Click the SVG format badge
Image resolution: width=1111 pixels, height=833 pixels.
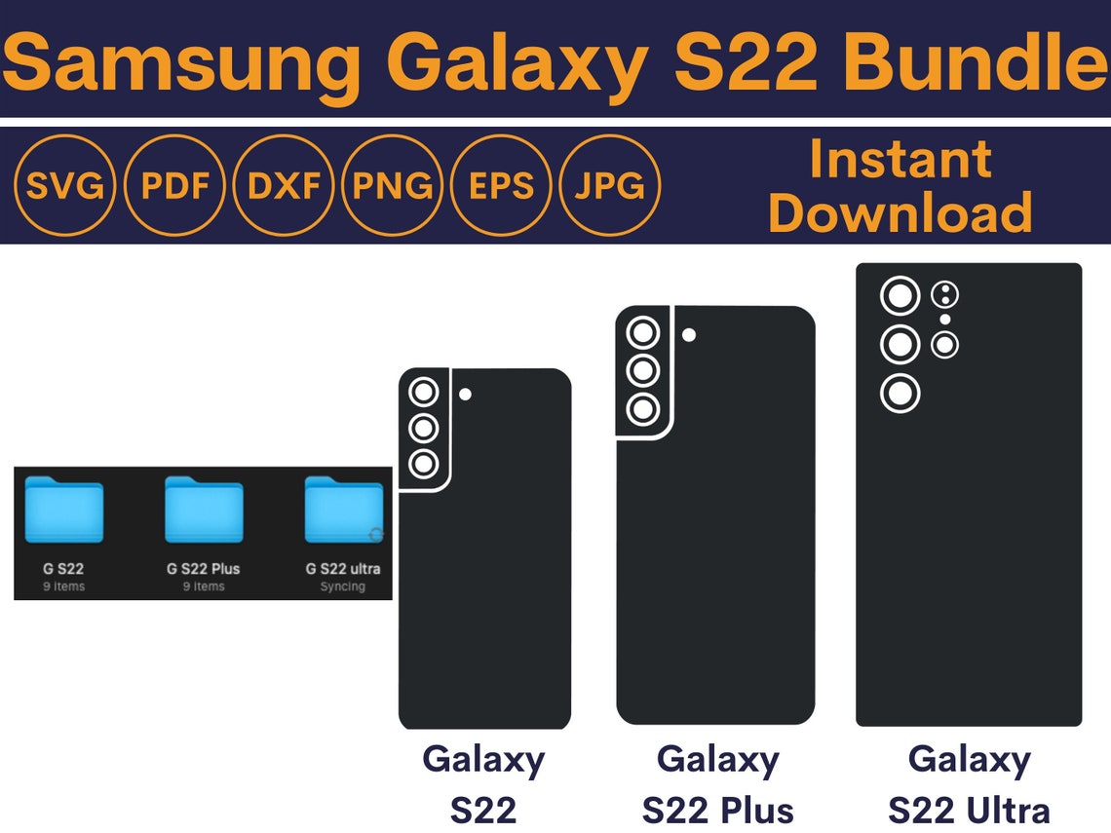tap(65, 185)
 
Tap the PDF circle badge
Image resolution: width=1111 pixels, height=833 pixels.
tap(175, 185)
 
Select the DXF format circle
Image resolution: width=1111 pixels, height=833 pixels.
tap(285, 185)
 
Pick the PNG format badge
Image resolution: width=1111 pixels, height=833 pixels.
tap(394, 185)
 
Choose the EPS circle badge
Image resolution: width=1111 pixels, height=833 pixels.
tap(502, 185)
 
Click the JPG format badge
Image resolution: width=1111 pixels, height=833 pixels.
tap(610, 185)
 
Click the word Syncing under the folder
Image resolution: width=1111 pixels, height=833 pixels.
tap(343, 587)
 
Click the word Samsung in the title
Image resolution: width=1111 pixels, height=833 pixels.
tap(180, 60)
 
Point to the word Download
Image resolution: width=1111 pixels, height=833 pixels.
tap(900, 211)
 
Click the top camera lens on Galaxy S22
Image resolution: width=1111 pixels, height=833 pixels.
tap(423, 393)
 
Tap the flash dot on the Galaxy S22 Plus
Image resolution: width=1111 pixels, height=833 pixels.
tap(689, 335)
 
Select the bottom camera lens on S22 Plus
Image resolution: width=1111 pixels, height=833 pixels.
tap(643, 408)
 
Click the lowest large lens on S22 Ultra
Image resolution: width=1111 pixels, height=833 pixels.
tap(900, 394)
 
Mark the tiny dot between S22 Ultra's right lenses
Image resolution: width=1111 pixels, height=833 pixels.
tap(945, 320)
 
